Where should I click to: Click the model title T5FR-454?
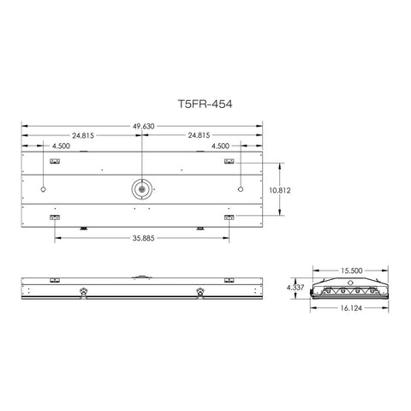tap(204, 102)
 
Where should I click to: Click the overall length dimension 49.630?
tap(144, 125)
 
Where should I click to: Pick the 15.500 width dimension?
tap(348, 271)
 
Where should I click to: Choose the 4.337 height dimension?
tap(294, 288)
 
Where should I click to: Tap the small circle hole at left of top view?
tap(43, 188)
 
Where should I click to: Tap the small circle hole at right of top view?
tap(241, 188)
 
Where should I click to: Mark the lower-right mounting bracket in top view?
tap(229, 217)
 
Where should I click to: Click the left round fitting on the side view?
tap(84, 290)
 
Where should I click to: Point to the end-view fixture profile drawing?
tap(348, 289)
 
